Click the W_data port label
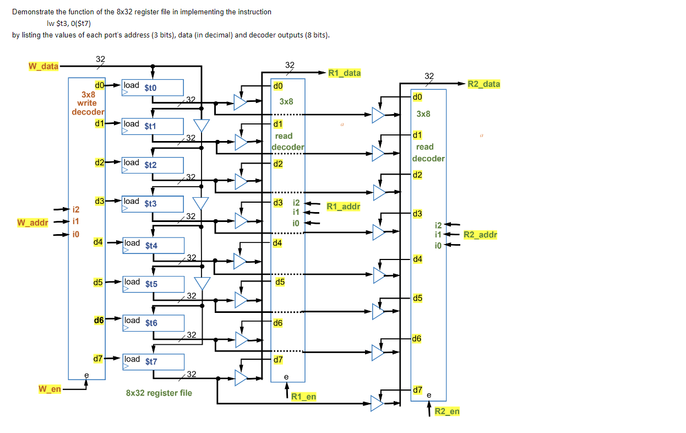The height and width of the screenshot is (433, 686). pos(43,66)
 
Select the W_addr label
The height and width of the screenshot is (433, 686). pos(32,223)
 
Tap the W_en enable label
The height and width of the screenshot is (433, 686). pos(50,389)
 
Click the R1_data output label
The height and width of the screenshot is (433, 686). pos(344,73)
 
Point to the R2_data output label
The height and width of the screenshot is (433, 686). pos(483,84)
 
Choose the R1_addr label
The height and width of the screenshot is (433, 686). pos(343,207)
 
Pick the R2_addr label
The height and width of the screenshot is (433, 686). pos(480,235)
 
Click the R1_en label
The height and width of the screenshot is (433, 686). pos(304,397)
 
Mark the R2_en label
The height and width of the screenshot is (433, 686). pos(447,411)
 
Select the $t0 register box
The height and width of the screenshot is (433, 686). pos(153,88)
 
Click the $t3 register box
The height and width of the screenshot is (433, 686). pos(153,203)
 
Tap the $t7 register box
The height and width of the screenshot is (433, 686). pos(153,361)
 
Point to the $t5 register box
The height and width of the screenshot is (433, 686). pos(153,284)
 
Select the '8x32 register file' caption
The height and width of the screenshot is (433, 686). pos(159,393)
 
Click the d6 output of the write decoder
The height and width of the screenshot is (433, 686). pos(99,320)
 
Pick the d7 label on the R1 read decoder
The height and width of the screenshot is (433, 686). pos(278,360)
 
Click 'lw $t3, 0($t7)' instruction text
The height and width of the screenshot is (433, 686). pos(69,23)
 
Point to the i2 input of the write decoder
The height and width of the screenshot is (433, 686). pos(76,209)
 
